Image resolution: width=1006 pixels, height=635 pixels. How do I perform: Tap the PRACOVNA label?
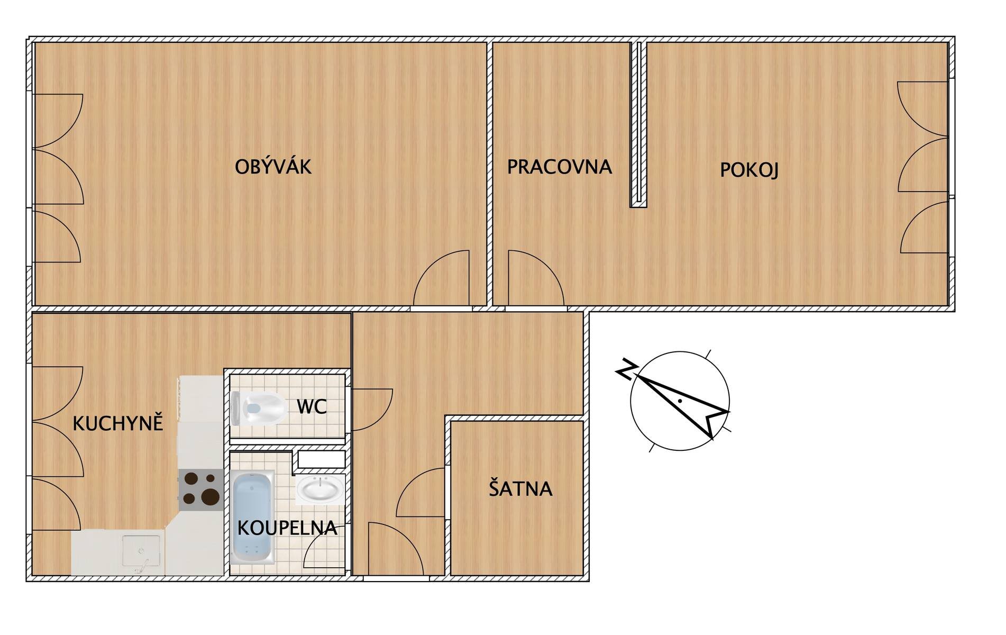click(560, 167)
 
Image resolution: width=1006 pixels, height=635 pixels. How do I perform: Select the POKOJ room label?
click(749, 170)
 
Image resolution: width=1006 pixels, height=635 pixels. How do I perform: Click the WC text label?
click(312, 406)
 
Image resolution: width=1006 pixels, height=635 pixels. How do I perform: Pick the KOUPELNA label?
click(287, 528)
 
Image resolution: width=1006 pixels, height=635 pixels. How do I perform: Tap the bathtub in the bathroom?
click(253, 518)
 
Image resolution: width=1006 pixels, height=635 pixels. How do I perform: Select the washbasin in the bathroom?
click(320, 488)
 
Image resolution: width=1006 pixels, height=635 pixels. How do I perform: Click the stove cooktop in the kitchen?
click(200, 490)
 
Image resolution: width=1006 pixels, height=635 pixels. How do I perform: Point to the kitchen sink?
click(141, 553)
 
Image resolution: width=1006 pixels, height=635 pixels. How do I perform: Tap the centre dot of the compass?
click(680, 401)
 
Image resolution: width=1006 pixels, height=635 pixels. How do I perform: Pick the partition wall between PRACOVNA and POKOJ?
click(638, 124)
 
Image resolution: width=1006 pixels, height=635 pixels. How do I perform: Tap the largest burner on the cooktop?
click(210, 496)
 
